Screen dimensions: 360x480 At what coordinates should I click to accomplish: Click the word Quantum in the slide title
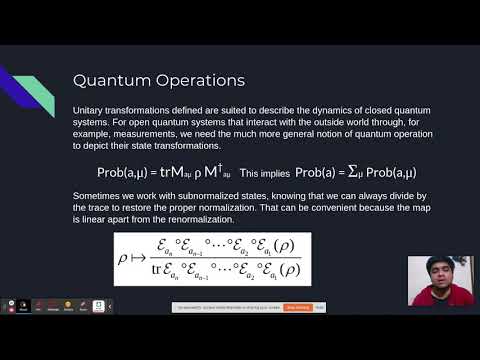[110, 81]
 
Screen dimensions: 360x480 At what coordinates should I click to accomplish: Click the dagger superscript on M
[212, 165]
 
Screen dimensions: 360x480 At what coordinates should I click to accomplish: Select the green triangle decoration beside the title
[37, 95]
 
